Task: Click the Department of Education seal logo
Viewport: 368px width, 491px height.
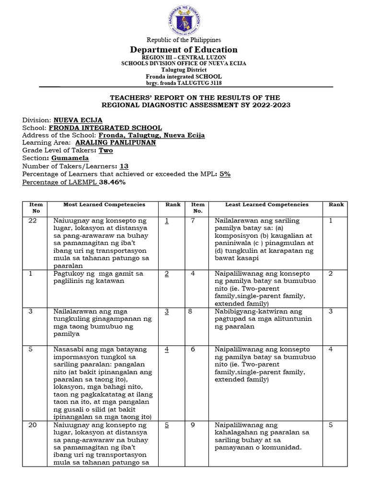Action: coord(184,19)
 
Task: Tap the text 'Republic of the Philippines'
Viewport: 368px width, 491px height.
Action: coord(184,40)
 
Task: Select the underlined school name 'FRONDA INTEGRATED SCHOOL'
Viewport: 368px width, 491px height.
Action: coord(105,128)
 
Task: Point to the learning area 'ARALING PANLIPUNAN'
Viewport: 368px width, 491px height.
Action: coord(115,143)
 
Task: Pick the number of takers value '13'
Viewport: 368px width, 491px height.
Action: coord(124,166)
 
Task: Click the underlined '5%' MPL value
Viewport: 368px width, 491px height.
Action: coord(225,174)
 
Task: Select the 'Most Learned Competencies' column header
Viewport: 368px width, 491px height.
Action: coord(104,205)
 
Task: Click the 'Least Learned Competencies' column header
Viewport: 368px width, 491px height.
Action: coord(267,205)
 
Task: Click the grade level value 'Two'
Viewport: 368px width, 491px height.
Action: coord(105,151)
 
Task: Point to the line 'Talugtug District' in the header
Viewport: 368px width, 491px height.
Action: coord(184,70)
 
